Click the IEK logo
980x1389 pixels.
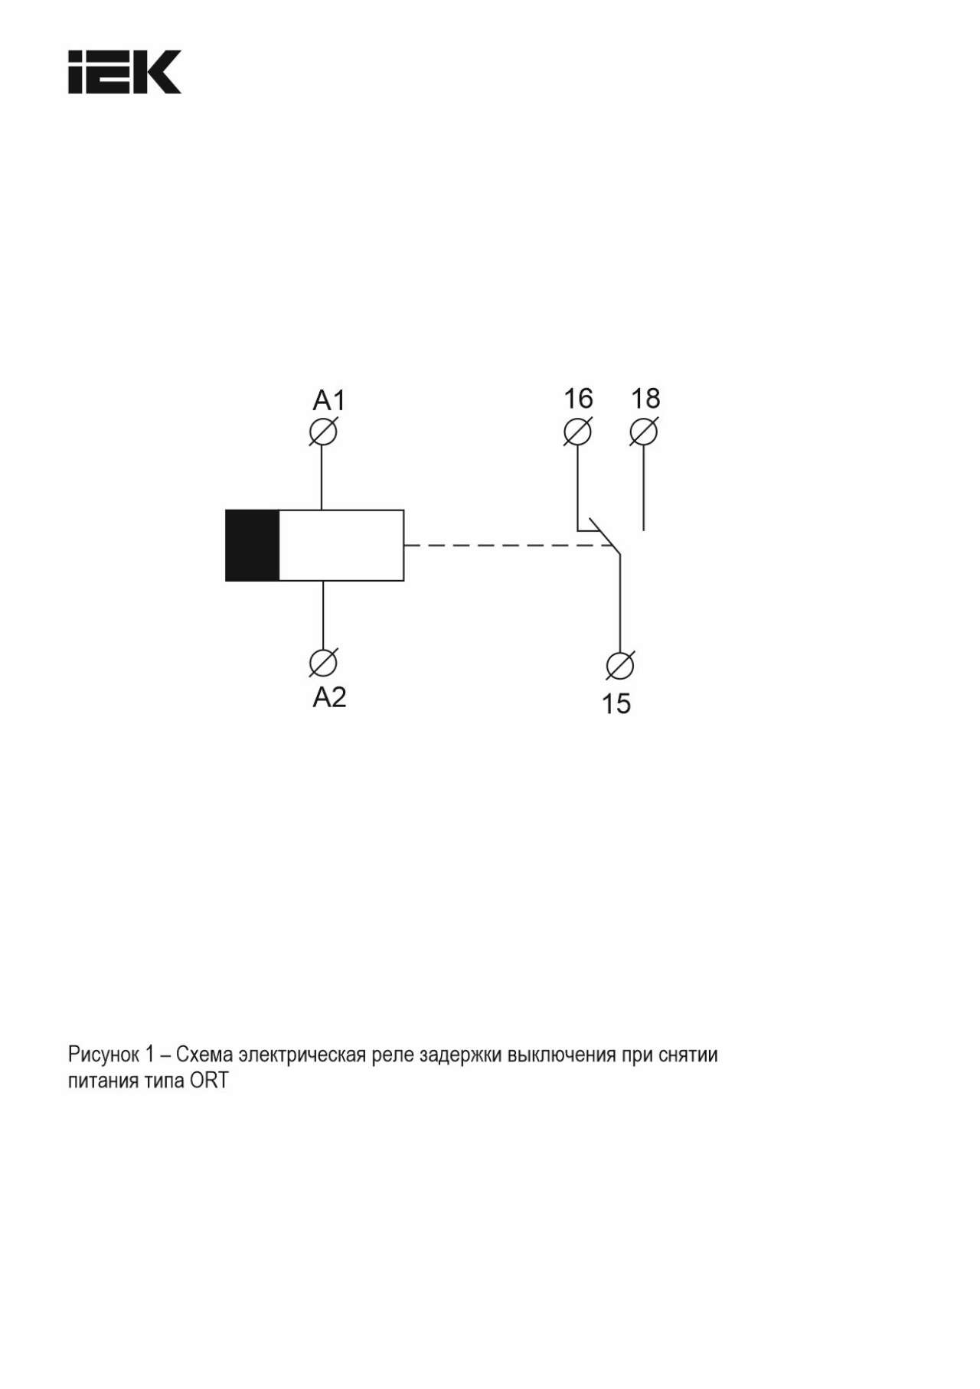click(125, 72)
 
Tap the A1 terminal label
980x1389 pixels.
click(329, 400)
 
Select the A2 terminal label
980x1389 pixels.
click(330, 697)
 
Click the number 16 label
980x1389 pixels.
click(579, 398)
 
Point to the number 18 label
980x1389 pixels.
click(645, 398)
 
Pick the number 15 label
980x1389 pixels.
click(616, 703)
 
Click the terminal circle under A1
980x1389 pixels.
click(323, 432)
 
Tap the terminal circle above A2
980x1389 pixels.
click(323, 663)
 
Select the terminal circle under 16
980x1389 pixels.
click(577, 432)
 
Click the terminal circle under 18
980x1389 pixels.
click(643, 432)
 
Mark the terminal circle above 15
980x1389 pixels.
click(619, 666)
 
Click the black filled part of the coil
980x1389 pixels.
click(253, 546)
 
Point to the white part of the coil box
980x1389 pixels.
click(341, 546)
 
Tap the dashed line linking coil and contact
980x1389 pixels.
click(508, 546)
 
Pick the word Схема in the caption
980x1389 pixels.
click(204, 1055)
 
